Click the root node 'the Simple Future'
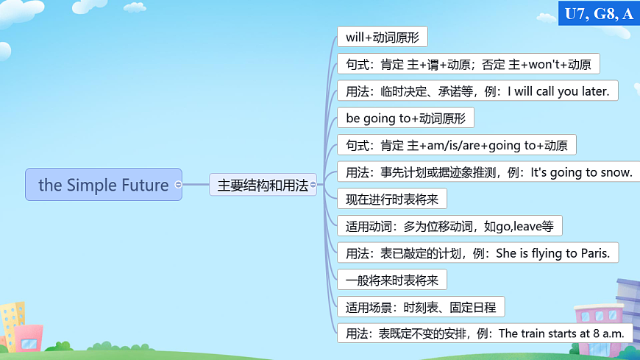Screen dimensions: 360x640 (103, 185)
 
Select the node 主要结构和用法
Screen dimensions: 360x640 (263, 185)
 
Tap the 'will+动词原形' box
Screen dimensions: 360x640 (382, 37)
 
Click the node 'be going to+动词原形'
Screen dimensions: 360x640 (405, 118)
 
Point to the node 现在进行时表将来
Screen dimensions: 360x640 (391, 199)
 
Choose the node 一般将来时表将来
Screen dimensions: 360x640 (391, 280)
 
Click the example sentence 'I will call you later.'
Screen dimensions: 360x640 (558, 91)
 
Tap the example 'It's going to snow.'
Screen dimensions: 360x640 (580, 172)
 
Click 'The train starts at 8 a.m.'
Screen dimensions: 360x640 (562, 333)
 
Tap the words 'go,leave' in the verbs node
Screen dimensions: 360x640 (519, 226)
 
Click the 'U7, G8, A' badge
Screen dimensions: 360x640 (599, 13)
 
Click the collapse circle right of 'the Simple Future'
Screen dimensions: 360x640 (178, 185)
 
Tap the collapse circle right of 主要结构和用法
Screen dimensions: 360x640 (313, 185)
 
